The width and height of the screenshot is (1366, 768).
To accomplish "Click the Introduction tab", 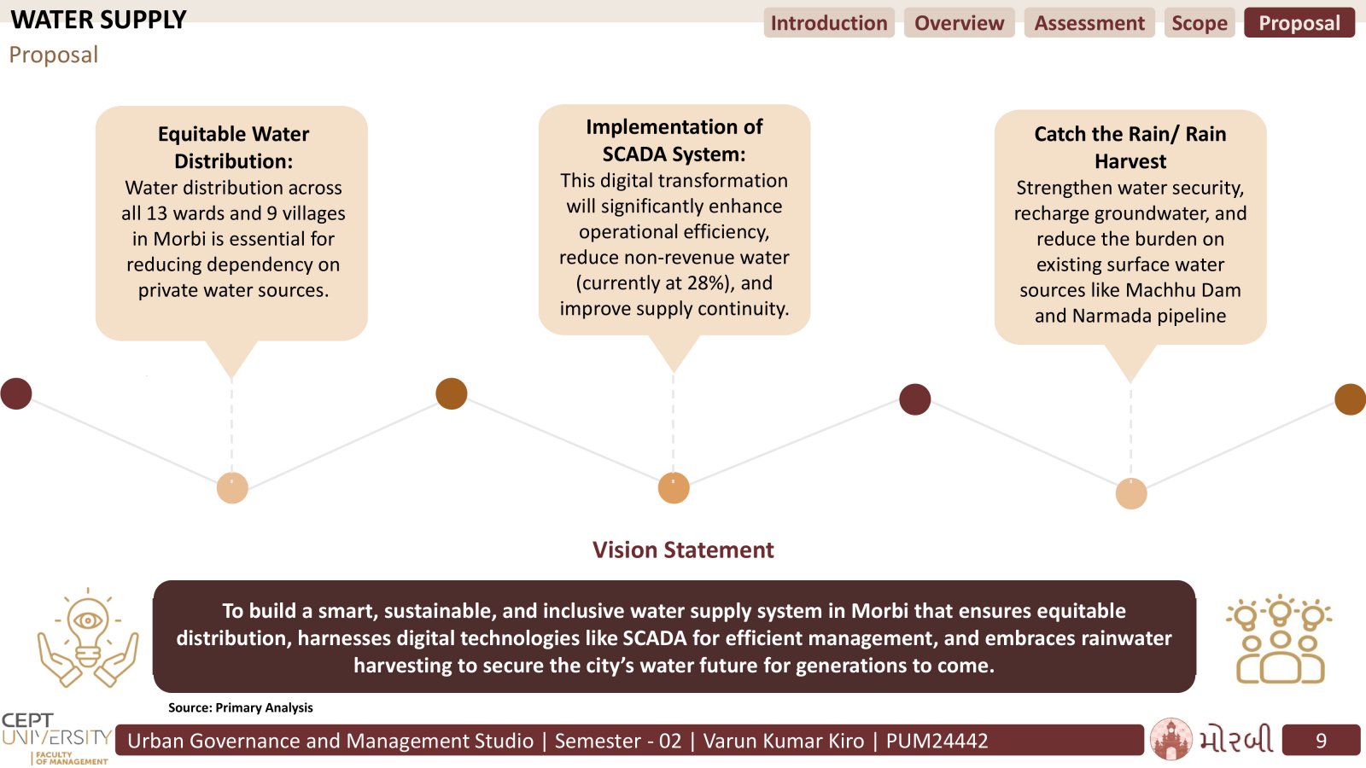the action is coord(829,22).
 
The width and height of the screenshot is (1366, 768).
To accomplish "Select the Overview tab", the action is coord(959,22).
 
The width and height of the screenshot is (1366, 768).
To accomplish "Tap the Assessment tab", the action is coord(1089,22).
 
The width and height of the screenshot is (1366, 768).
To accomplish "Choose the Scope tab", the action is coord(1199,22).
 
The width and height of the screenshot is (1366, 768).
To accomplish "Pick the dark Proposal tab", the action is coord(1299,22).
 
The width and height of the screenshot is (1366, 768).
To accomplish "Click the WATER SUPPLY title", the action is coord(99,20).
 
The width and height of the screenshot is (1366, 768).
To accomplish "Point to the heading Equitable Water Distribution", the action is coord(233,148).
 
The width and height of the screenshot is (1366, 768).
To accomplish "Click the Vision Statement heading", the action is coord(683,550).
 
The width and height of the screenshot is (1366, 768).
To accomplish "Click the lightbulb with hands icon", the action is coord(88,637).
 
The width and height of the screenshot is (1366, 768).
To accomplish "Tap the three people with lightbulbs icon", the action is coord(1280,639).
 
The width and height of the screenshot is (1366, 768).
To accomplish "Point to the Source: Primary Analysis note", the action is coord(240,707).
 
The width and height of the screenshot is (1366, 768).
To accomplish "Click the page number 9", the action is coord(1321,741).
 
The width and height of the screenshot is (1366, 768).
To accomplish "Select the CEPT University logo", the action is coord(56,738).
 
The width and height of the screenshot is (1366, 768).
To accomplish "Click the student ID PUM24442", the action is coord(937,741).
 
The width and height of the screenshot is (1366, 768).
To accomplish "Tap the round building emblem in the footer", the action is coord(1170,739).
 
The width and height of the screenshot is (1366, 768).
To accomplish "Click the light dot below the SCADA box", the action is coord(674,488).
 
